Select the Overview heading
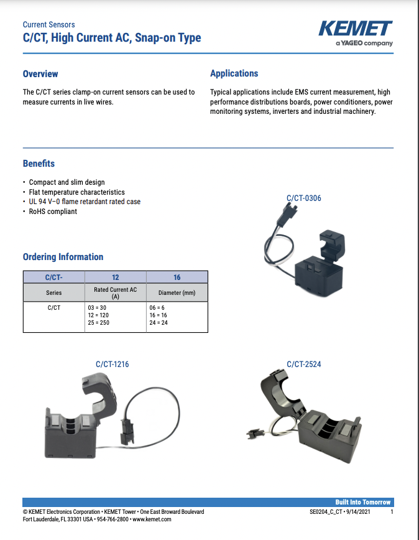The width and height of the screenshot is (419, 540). click(x=40, y=74)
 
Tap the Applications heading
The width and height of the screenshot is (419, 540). click(x=234, y=73)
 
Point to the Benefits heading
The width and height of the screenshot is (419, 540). click(x=39, y=164)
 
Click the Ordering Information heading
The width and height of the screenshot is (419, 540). click(x=63, y=257)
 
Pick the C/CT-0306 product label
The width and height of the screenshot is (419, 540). click(x=303, y=198)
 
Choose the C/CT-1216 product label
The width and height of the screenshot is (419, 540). click(x=112, y=364)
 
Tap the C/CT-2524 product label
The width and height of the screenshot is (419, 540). click(x=303, y=364)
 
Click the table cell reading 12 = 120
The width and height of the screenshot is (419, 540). click(x=99, y=315)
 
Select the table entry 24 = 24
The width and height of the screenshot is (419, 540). click(x=159, y=323)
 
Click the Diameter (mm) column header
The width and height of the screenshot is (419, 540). click(x=177, y=293)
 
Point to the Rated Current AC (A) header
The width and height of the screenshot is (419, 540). click(x=115, y=293)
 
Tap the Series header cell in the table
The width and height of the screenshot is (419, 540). click(x=54, y=293)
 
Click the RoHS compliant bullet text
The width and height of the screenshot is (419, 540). click(x=53, y=212)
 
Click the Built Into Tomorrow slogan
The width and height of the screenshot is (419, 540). click(x=363, y=502)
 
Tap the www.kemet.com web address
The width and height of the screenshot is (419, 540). click(x=151, y=519)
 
